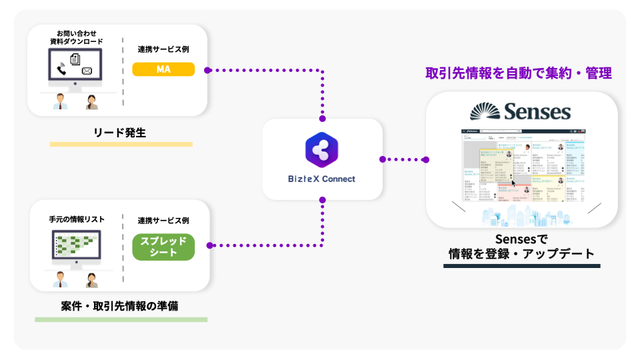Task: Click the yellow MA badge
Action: [163, 69]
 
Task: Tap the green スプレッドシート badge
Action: [163, 246]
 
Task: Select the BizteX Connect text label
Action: [322, 179]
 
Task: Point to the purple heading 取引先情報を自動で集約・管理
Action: [518, 73]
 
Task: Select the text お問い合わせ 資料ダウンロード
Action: [75, 37]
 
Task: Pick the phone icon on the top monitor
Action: [62, 69]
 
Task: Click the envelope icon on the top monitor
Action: [87, 71]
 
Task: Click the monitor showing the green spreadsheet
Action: [76, 245]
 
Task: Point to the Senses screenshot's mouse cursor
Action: [514, 182]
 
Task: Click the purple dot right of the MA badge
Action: [208, 69]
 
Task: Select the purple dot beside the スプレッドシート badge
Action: [209, 245]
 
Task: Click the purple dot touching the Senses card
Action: [425, 159]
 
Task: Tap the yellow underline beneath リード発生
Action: [121, 144]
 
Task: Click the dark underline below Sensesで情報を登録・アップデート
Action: [521, 266]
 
